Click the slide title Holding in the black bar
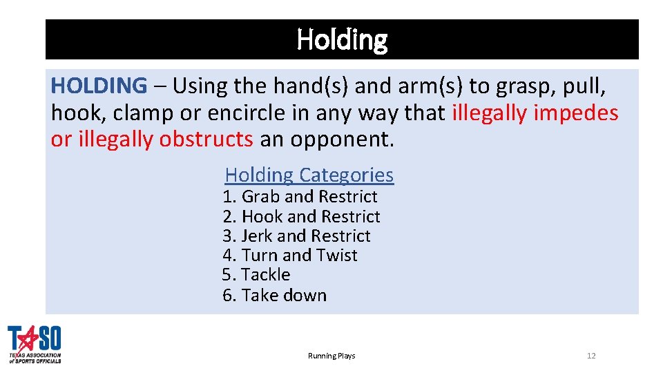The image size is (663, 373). point(342,39)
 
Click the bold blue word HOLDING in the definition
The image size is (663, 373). point(99,86)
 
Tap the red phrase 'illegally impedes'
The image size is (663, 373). point(535,113)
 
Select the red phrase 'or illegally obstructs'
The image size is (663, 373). point(152,139)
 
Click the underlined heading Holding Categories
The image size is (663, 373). point(309,175)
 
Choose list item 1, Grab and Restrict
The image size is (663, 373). point(300,197)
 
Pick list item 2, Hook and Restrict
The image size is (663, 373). point(301,217)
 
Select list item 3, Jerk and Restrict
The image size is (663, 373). point(296,236)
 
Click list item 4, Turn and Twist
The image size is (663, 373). point(290,256)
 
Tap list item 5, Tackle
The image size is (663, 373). point(256,275)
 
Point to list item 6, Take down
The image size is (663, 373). point(274,296)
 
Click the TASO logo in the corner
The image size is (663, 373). point(35,344)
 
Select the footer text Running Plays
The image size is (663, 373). point(331,356)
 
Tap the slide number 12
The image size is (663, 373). point(590,356)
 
